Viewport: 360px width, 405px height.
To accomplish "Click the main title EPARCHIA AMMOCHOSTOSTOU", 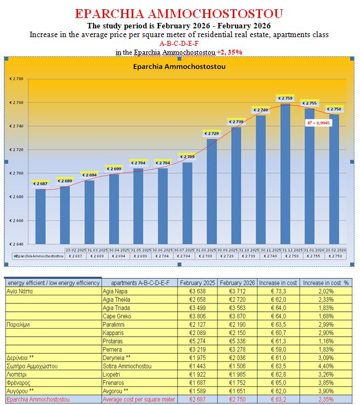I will pyautogui.click(x=179, y=14).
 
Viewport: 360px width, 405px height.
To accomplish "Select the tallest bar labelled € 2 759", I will pyautogui.click(x=285, y=175).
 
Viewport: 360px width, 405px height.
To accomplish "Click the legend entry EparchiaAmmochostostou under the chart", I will pyautogui.click(x=34, y=255).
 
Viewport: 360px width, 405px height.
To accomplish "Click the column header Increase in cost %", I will pyautogui.click(x=326, y=283).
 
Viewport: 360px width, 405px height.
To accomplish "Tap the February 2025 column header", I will pyautogui.click(x=198, y=283).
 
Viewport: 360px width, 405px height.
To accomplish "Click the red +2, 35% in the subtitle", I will pyautogui.click(x=229, y=52).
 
